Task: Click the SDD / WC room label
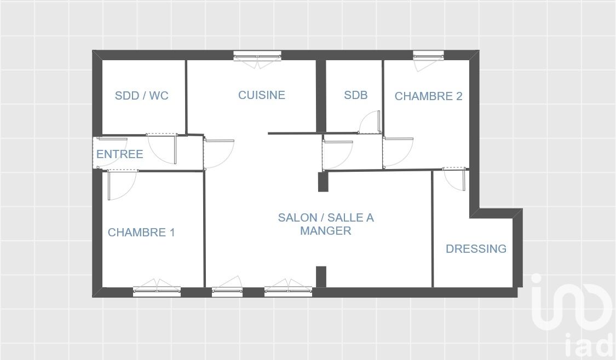141,95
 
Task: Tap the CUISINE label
262,95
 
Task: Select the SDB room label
355,95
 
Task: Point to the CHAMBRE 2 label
428,96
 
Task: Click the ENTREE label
120,154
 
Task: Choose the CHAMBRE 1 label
141,233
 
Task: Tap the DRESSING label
476,248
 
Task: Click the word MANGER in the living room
326,230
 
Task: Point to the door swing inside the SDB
370,122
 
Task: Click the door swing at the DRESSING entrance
454,179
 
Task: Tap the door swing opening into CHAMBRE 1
122,185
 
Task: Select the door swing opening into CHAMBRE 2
398,152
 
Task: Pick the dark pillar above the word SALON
323,182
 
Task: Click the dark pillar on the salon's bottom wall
321,277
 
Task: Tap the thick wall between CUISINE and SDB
321,96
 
